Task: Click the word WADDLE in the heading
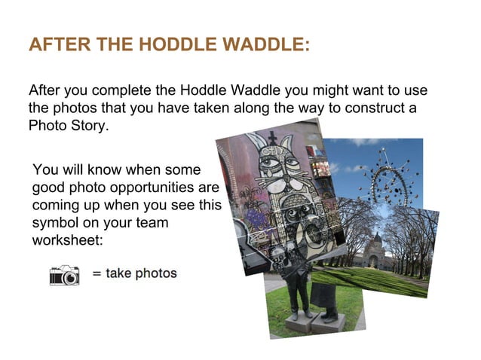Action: point(259,45)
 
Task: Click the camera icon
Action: point(65,274)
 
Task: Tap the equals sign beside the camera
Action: point(97,273)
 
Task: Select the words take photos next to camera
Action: point(141,273)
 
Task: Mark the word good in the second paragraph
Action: point(49,185)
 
